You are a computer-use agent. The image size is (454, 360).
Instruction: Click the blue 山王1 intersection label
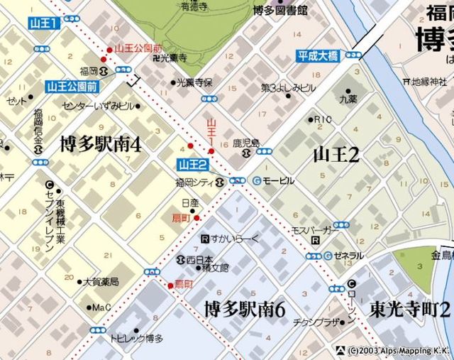43,23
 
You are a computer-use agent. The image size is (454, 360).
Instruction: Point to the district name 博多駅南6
245,310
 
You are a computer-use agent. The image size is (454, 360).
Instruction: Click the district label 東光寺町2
409,309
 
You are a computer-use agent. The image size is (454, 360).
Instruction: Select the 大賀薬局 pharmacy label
101,281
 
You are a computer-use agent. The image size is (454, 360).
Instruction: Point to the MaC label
101,307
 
